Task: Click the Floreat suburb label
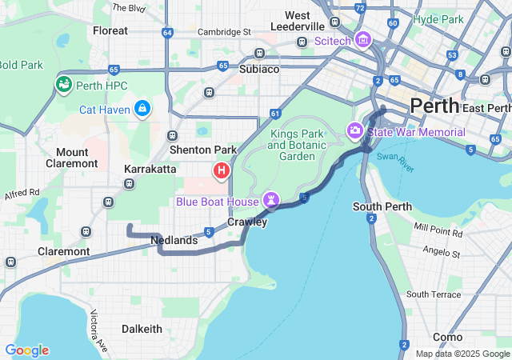[x=110, y=30]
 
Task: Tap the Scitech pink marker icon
[x=362, y=39]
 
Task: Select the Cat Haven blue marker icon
[x=142, y=107]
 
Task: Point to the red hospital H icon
[x=222, y=170]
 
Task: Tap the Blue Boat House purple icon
[x=273, y=200]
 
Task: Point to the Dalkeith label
[x=142, y=329]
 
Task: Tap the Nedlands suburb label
[x=174, y=240]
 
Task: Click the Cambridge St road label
[x=226, y=32]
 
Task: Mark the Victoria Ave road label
[x=99, y=331]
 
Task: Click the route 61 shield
[x=274, y=114]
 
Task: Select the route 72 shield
[x=361, y=8]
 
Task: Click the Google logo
[x=26, y=350]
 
